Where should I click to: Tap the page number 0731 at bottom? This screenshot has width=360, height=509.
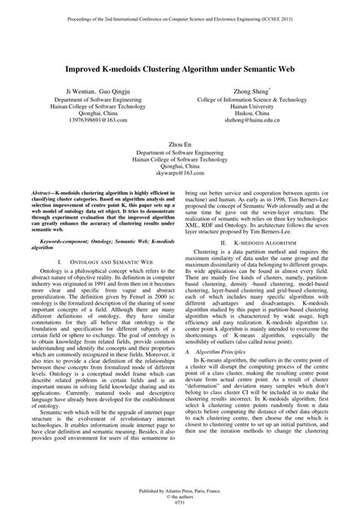180,502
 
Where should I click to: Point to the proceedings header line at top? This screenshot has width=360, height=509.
180,14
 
